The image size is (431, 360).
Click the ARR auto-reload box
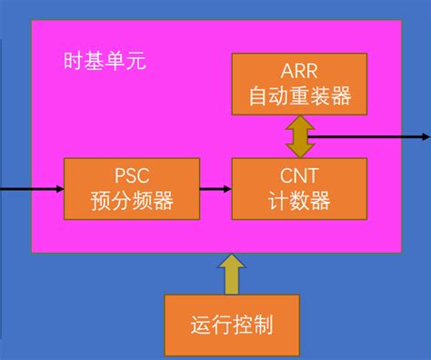[299, 84]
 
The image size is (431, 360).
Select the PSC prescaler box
[132, 188]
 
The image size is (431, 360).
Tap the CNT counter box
[299, 188]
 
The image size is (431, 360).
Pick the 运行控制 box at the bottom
[233, 324]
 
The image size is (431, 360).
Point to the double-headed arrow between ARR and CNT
[299, 135]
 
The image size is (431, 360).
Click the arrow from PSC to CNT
[215, 189]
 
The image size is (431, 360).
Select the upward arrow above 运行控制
[233, 274]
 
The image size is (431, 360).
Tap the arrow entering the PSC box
[32, 189]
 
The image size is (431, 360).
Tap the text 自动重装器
[299, 95]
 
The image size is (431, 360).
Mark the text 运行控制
[233, 325]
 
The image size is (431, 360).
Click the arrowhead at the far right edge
[425, 137]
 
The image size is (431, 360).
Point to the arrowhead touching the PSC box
[59, 189]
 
